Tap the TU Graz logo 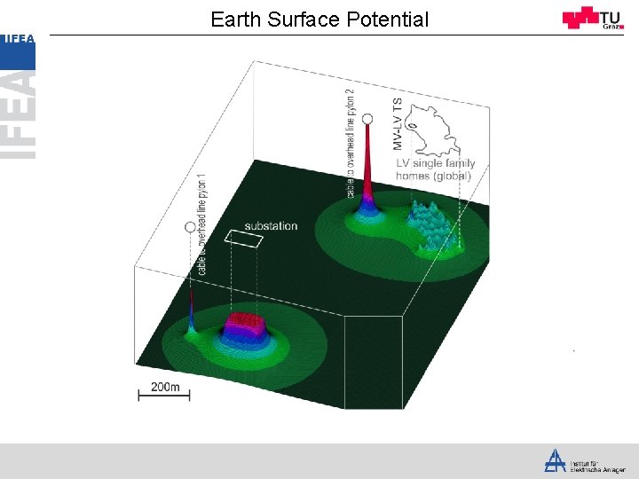[593, 18]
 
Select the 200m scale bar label [165, 387]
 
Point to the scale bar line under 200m [164, 397]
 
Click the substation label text [271, 226]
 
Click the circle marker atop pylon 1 [190, 228]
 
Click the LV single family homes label [435, 169]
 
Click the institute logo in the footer [556, 460]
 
